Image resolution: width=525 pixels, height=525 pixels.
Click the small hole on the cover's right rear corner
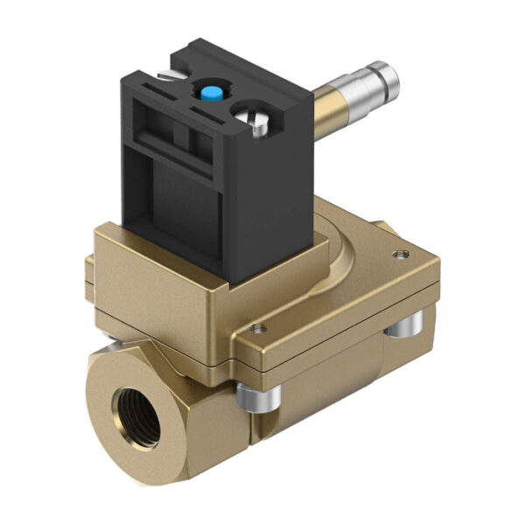pyautogui.click(x=402, y=255)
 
